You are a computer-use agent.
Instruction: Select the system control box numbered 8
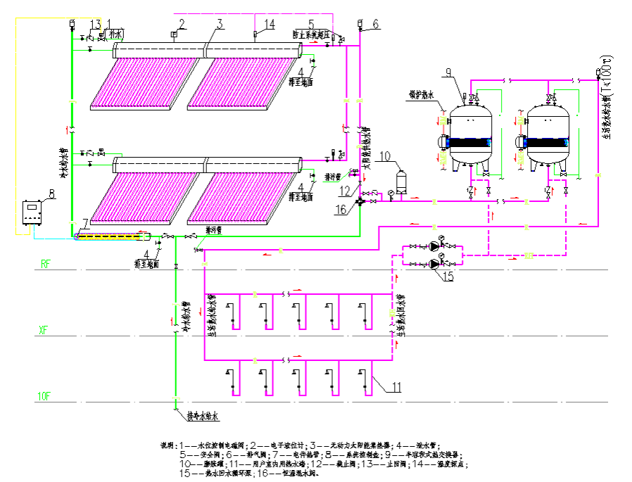click(32, 213)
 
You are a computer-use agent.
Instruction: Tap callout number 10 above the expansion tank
click(384, 156)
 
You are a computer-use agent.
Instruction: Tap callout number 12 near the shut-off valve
click(343, 189)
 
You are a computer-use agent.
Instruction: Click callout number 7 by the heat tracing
click(84, 224)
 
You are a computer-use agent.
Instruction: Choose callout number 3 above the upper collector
click(220, 24)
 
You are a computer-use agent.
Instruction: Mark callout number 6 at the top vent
click(375, 24)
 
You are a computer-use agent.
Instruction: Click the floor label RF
click(46, 265)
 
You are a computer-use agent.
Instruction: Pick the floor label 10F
click(44, 397)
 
